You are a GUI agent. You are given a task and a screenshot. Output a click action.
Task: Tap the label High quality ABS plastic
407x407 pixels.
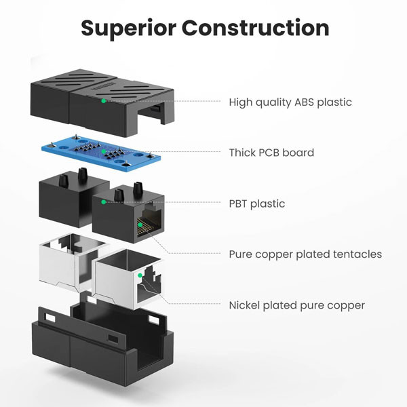pyautogui.click(x=290, y=102)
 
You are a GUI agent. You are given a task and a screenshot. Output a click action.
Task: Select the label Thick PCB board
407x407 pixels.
pyautogui.click(x=271, y=153)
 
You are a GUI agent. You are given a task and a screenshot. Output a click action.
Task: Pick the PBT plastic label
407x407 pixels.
pyautogui.click(x=257, y=203)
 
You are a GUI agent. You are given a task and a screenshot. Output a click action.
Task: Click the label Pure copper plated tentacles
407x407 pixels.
pyautogui.click(x=305, y=254)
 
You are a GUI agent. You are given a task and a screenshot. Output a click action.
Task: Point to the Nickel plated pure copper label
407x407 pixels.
pyautogui.click(x=297, y=305)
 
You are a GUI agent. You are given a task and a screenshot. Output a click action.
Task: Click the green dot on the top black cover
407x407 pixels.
pyautogui.click(x=103, y=101)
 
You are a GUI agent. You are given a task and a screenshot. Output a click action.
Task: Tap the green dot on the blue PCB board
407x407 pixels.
pyautogui.click(x=103, y=152)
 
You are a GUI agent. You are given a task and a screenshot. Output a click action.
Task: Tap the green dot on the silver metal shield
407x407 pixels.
pyautogui.click(x=139, y=275)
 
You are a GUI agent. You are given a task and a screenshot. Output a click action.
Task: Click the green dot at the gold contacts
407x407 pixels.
pyautogui.click(x=140, y=224)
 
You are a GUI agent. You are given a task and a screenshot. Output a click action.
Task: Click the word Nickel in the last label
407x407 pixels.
pyautogui.click(x=246, y=305)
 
